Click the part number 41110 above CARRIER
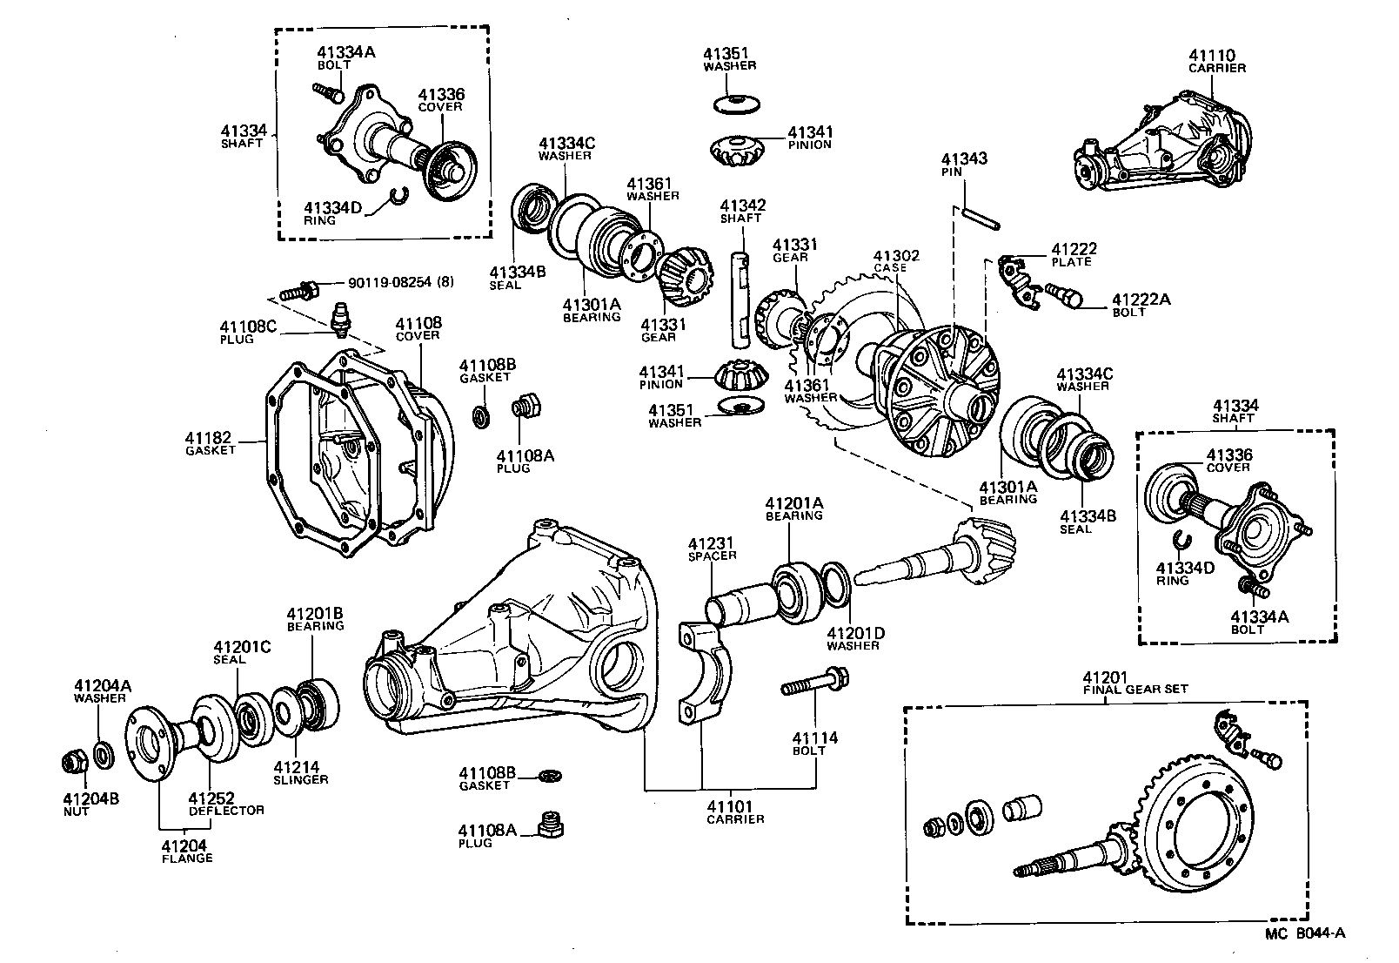pyautogui.click(x=1217, y=55)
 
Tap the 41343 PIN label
pyautogui.click(x=964, y=165)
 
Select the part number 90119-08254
pyautogui.click(x=390, y=282)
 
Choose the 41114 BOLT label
pyautogui.click(x=814, y=744)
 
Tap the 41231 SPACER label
pyautogui.click(x=712, y=549)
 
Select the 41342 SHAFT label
pyautogui.click(x=741, y=212)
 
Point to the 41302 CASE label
pyautogui.click(x=896, y=261)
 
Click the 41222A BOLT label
pyautogui.click(x=1141, y=306)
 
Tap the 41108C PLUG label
pyautogui.click(x=236, y=333)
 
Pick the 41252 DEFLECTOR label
pyautogui.click(x=226, y=804)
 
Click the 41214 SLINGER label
pyautogui.click(x=300, y=773)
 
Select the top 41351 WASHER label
pyautogui.click(x=729, y=59)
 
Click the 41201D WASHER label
pyautogui.click(x=853, y=638)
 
